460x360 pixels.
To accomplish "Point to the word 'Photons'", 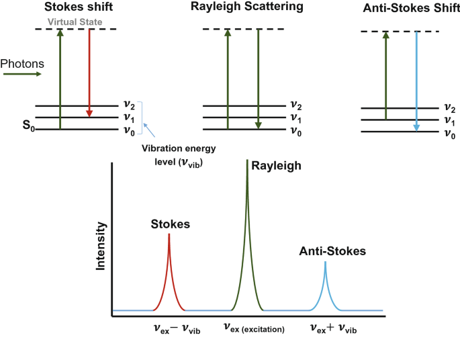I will click(x=22, y=64).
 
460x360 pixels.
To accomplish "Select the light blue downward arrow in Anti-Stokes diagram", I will click(x=416, y=81).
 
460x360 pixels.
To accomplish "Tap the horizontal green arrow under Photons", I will click(x=22, y=75).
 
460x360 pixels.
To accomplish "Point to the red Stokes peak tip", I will click(x=169, y=234).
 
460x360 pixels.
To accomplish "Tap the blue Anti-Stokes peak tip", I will click(x=325, y=263).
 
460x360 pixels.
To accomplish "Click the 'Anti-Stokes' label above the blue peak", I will click(x=332, y=251).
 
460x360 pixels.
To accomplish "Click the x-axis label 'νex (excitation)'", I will click(x=254, y=329).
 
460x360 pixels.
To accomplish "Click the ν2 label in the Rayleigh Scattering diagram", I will click(x=296, y=105).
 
